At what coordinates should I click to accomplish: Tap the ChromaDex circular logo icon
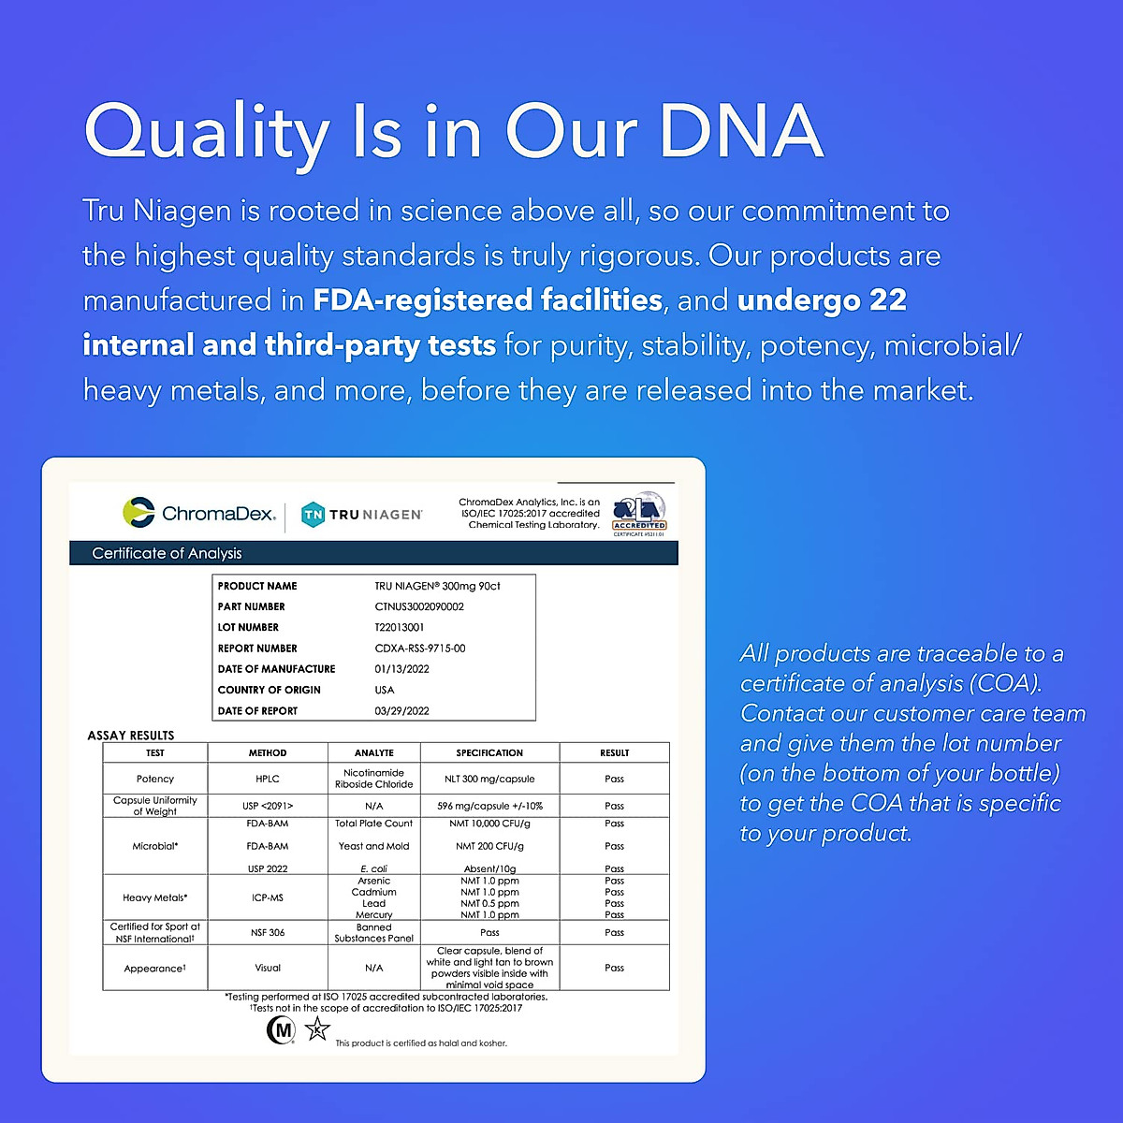tap(139, 513)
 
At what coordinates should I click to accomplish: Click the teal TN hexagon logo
tap(313, 515)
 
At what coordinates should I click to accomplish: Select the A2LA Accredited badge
tap(639, 514)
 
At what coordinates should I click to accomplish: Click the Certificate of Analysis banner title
tap(167, 553)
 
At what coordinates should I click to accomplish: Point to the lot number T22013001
tap(400, 627)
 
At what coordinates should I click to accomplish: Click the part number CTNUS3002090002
tap(419, 606)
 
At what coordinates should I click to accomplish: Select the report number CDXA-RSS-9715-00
tap(419, 648)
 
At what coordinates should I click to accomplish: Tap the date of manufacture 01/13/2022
tap(401, 669)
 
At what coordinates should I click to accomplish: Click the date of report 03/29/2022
tap(401, 711)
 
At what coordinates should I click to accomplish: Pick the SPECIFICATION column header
tap(489, 753)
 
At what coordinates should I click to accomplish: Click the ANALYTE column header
tap(373, 753)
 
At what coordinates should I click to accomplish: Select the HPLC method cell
tap(268, 779)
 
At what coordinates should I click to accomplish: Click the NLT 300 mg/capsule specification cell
tap(489, 779)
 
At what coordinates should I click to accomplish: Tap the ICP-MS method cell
tap(268, 897)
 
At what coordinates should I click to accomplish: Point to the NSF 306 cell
tap(268, 932)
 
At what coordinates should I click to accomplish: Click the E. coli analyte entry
tap(373, 868)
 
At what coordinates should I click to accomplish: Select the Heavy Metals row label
tap(155, 897)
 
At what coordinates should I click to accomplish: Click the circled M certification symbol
tap(281, 1030)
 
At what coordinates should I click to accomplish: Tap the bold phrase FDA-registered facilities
tap(488, 300)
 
